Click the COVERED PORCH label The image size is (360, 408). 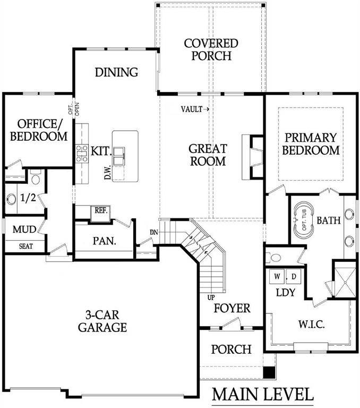(211, 49)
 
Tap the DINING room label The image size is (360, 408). (117, 72)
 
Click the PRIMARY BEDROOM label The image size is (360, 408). (311, 143)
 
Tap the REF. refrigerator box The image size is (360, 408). (101, 210)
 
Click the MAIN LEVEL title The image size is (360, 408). (262, 395)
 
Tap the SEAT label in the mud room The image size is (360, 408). (25, 246)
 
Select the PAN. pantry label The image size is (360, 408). (104, 240)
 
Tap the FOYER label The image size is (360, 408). (232, 308)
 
